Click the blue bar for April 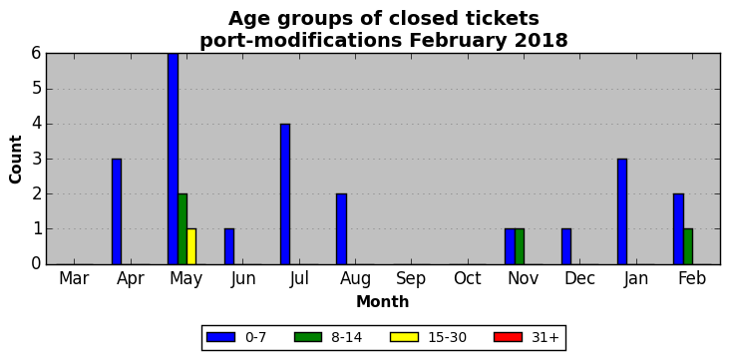(117, 211)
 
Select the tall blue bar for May (173, 159)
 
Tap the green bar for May (182, 229)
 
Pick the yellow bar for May (191, 246)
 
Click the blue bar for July (285, 193)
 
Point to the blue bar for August (341, 229)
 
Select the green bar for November (520, 246)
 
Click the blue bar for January (622, 211)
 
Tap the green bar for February (688, 246)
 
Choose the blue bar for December (566, 246)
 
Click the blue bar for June (229, 246)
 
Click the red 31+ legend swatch (508, 337)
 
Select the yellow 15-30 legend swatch (405, 337)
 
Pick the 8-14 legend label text (346, 337)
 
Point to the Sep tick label (411, 278)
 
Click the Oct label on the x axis (467, 278)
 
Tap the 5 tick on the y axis (37, 89)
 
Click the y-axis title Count (15, 160)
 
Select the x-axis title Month (383, 302)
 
